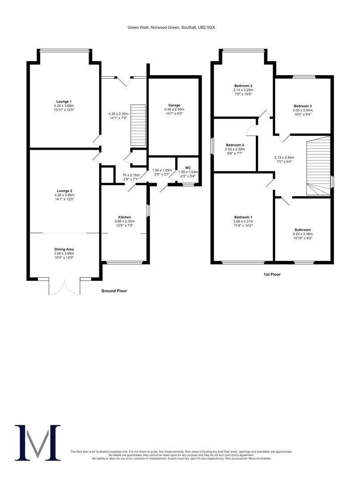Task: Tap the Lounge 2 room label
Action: (x=64, y=190)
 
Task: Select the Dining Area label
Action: (x=64, y=249)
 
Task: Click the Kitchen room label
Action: (x=124, y=217)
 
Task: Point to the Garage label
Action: (x=174, y=105)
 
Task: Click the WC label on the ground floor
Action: (x=188, y=167)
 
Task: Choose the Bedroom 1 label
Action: (x=243, y=217)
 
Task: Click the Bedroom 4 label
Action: (x=235, y=145)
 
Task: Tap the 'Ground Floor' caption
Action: (x=114, y=291)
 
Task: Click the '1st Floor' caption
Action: (x=272, y=274)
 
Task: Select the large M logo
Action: (x=38, y=442)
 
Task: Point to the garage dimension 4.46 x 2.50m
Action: (x=174, y=110)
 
